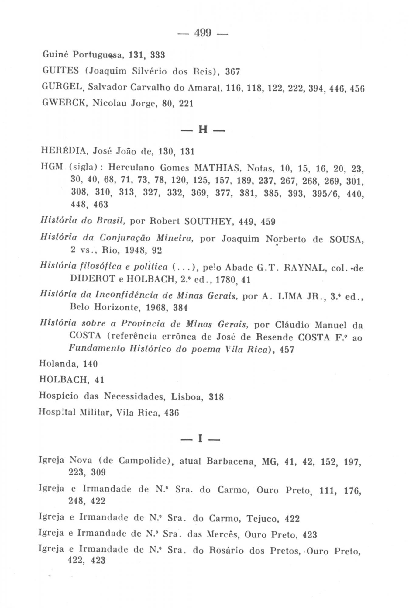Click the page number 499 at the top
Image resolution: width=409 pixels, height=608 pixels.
coord(203,33)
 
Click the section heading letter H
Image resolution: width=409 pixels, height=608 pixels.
coord(203,130)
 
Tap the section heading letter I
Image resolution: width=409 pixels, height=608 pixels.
coord(201,439)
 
